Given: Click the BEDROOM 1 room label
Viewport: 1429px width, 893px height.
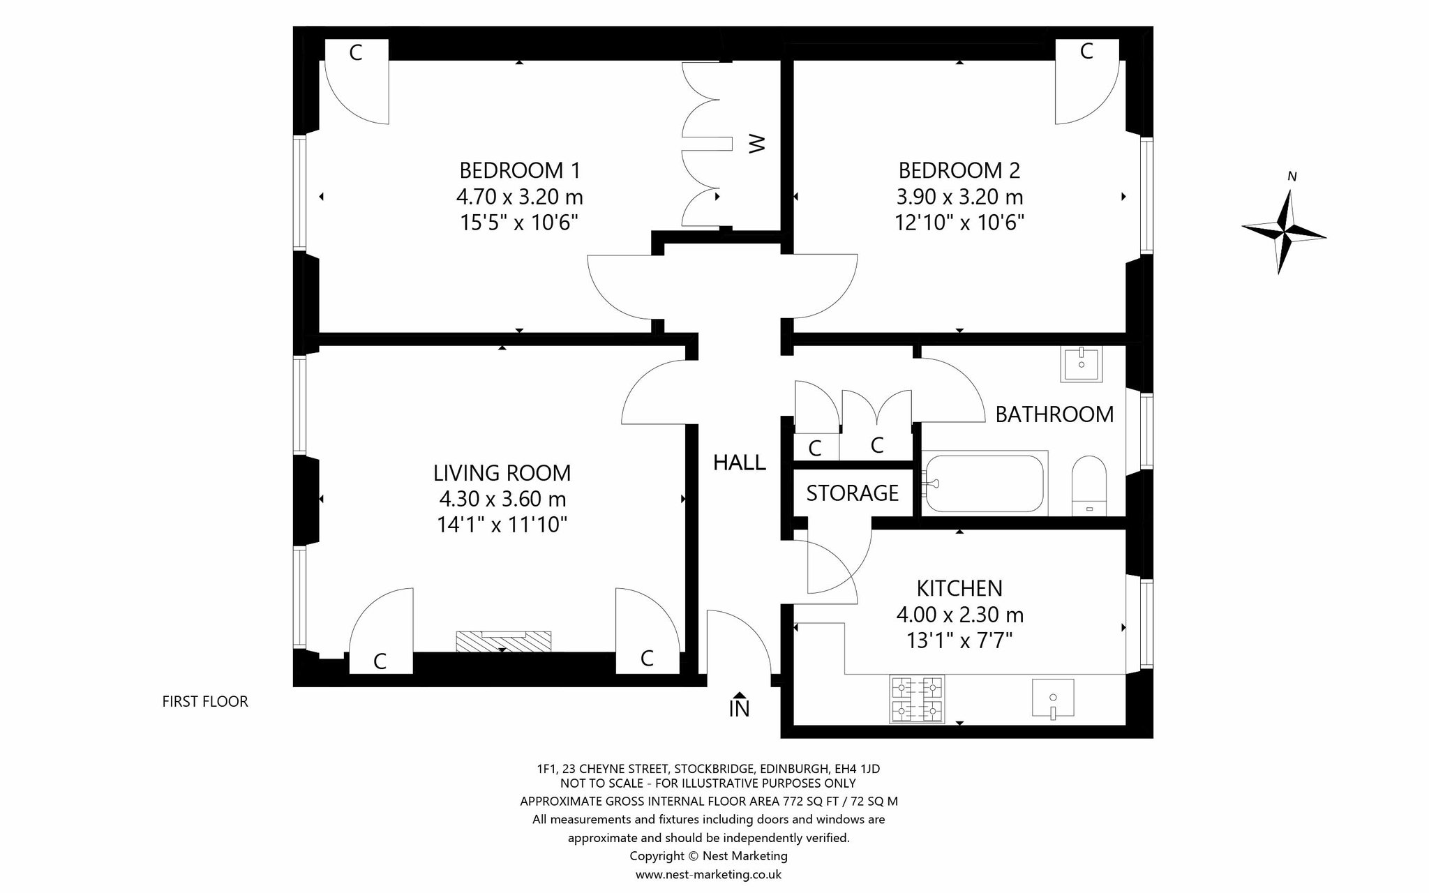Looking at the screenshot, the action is (520, 170).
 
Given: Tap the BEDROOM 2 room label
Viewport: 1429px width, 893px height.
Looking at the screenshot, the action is (959, 170).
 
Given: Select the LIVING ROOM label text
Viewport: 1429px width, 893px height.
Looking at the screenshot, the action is (502, 473).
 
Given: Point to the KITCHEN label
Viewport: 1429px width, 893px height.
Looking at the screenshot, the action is (959, 589).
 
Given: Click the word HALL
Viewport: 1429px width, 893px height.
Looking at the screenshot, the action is (740, 463).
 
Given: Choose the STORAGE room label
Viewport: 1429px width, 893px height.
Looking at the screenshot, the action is (853, 494).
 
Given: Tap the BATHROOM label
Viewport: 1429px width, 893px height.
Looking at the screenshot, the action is (1054, 414).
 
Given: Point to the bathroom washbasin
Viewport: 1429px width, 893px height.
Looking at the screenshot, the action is (1081, 364).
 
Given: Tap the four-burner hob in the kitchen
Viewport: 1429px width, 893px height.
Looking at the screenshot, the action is (917, 699).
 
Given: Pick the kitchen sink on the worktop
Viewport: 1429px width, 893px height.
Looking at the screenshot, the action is (1053, 698).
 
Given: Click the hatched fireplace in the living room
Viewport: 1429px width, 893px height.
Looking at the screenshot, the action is (503, 641).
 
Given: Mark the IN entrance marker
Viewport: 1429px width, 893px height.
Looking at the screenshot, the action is (740, 706).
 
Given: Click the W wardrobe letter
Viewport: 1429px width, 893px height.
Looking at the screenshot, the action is (757, 144).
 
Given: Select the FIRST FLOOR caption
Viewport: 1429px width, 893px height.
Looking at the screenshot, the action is (205, 702).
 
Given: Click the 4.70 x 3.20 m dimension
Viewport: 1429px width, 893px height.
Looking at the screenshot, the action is (520, 197).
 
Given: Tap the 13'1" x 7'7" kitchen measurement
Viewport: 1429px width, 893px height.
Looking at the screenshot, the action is (959, 640).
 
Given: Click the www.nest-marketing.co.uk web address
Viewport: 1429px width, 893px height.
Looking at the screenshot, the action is (708, 874).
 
